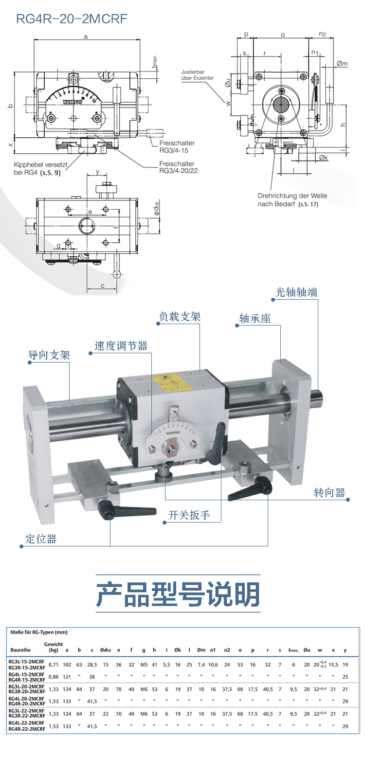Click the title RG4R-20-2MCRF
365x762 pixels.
pos(72,19)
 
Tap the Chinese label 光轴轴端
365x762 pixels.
pos(296,292)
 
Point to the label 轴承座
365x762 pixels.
pos(255,319)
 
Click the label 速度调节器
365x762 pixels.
pos(121,346)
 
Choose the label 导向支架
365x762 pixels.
pos(49,355)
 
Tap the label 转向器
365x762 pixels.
pos(329,493)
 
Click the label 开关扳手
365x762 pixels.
pos(189,515)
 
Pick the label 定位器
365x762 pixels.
pos(41,539)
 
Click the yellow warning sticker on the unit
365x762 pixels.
pos(170,382)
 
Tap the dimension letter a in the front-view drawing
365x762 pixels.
pos(86,36)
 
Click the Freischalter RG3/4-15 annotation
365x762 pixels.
pos(177,146)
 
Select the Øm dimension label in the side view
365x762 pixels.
pos(342,64)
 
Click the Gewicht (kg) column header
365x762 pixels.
pos(54,647)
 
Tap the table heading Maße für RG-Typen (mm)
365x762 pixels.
pos(39,632)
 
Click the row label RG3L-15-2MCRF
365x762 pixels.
pos(27,661)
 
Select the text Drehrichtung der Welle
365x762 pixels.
pos(292,196)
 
